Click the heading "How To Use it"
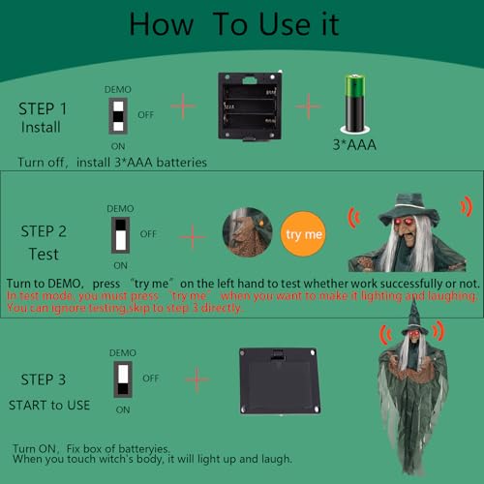(234, 24)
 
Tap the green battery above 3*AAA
(355, 103)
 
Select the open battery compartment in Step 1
(250, 106)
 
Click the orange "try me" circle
(303, 234)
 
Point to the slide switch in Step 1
(118, 116)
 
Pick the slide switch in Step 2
(120, 235)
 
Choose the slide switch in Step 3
(123, 379)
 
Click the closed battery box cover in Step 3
(280, 381)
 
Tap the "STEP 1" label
(43, 108)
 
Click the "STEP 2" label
(44, 231)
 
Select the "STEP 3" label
(44, 379)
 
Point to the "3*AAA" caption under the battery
(354, 144)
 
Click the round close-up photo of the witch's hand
(248, 232)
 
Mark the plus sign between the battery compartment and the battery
(308, 106)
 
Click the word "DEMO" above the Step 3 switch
(123, 352)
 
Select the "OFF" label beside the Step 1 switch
(146, 115)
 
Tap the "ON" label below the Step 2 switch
(120, 265)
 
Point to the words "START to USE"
(49, 405)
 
